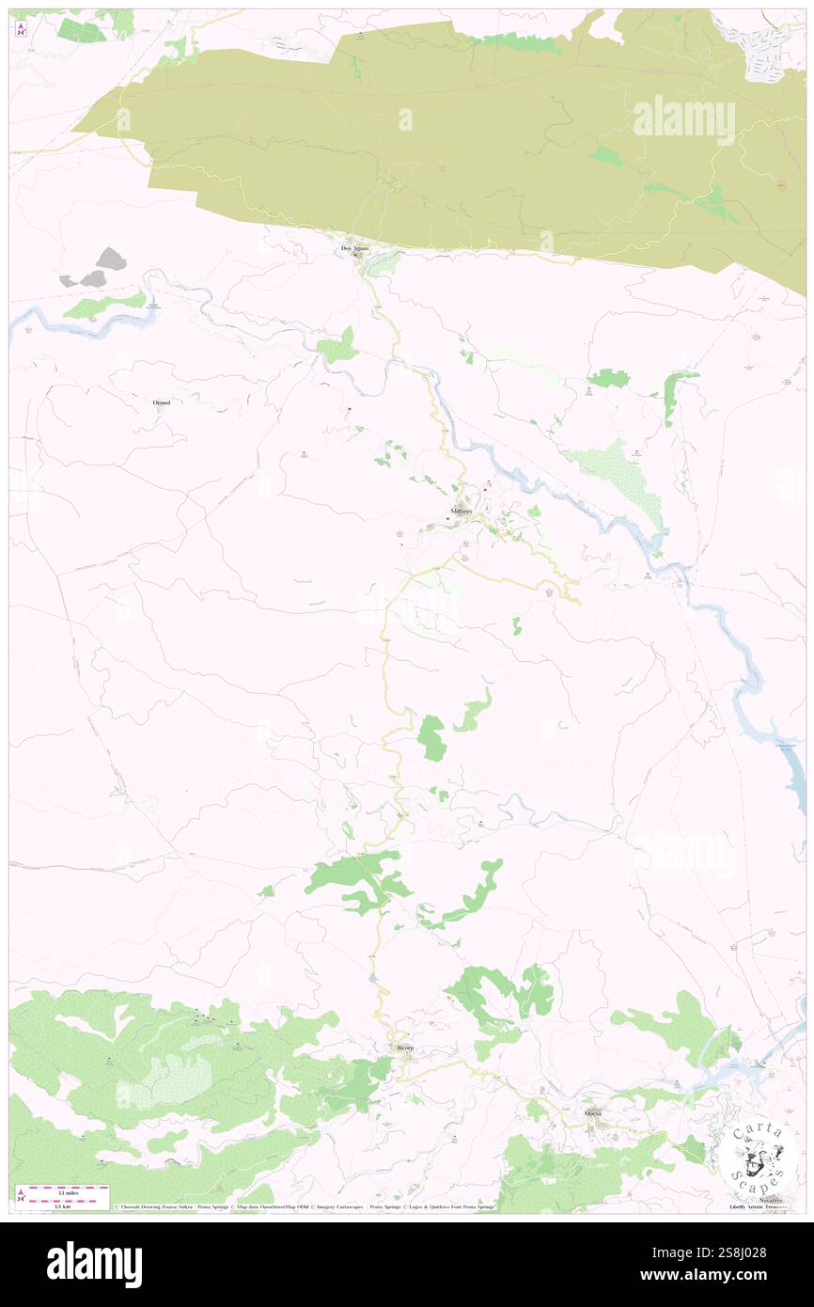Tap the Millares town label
coord(461,511)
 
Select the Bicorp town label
coord(404,1047)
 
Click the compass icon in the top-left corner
coord(21,29)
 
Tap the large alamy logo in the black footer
coord(94,1263)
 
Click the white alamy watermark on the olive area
coord(683,119)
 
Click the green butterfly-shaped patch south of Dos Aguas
coord(338,347)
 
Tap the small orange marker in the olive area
coord(781,184)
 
